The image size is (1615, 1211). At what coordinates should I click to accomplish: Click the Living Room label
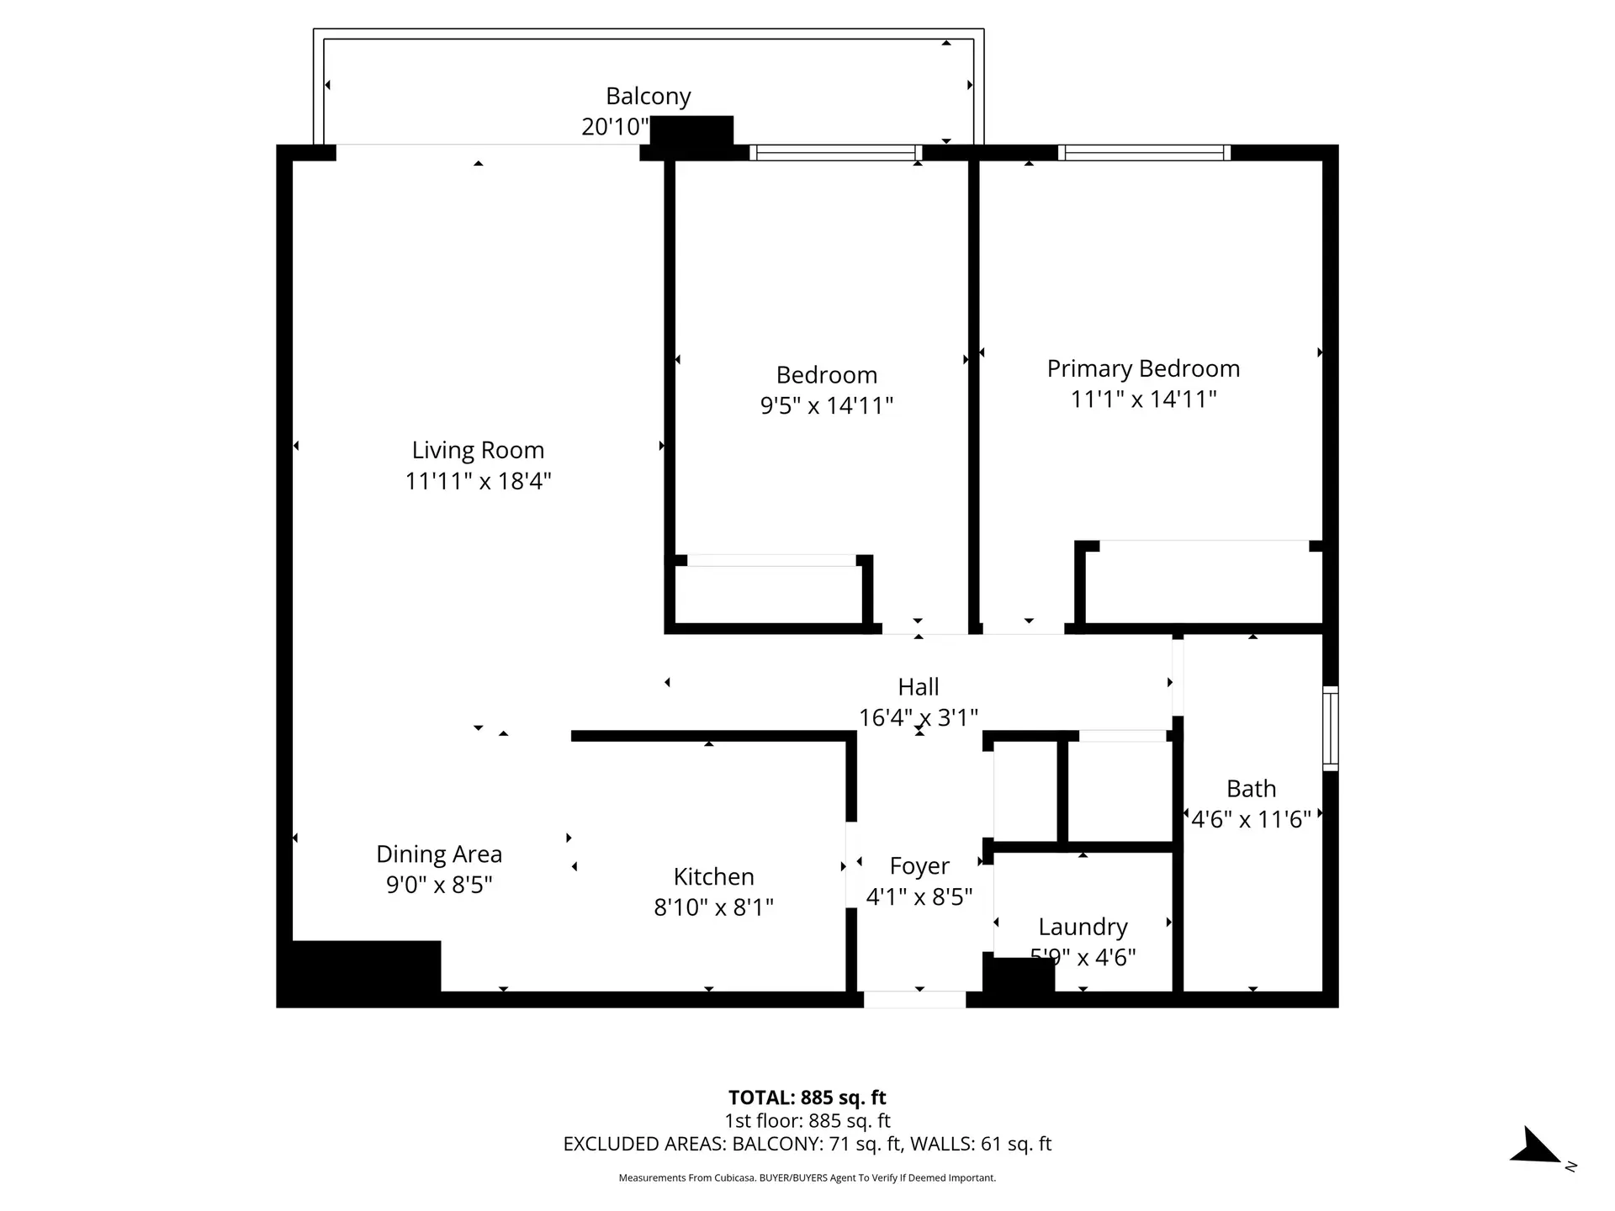478,450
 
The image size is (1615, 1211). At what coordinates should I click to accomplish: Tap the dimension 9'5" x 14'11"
826,405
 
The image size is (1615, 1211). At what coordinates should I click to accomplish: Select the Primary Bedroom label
1143,368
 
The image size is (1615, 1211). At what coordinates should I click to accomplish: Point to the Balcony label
648,96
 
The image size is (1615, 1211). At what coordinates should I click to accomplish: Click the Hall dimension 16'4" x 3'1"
918,717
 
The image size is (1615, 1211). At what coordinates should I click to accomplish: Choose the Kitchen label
713,876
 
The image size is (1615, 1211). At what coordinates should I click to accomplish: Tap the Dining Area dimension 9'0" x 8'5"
439,885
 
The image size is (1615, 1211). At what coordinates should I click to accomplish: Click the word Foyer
919,865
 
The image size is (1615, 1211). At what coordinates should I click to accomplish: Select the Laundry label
1083,927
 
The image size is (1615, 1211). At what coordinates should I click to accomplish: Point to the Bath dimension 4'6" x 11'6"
1251,819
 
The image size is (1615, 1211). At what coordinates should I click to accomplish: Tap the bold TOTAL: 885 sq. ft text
807,1097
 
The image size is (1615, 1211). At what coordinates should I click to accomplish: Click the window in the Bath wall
1330,728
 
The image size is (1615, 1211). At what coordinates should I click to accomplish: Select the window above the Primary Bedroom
1144,153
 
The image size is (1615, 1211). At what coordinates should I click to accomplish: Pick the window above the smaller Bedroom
835,153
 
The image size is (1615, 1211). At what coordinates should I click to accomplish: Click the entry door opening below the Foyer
914,1000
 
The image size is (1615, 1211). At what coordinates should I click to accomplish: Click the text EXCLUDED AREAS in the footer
643,1144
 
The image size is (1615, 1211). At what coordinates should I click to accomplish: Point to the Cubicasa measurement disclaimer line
807,1178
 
